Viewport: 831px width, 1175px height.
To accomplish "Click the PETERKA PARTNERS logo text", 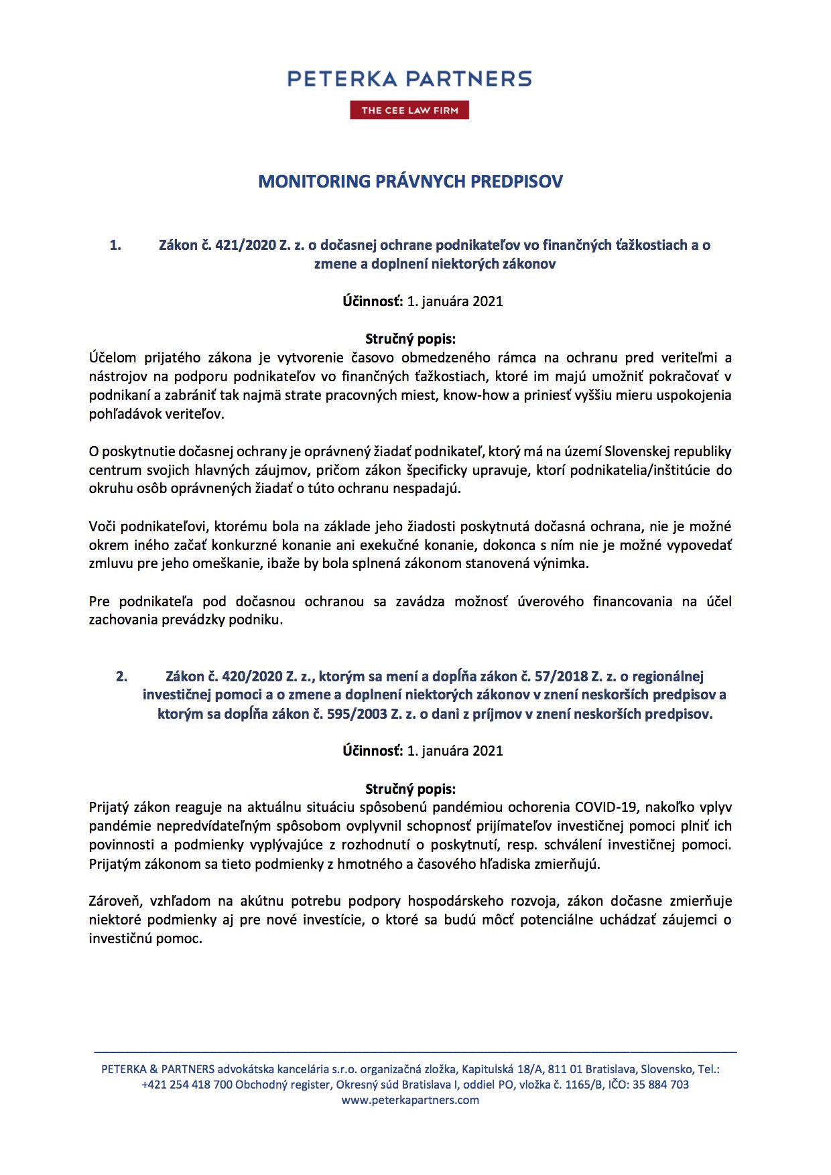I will click(409, 79).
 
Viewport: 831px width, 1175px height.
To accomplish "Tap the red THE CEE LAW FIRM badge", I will click(409, 111).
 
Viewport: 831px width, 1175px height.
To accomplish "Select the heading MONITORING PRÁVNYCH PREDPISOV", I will click(410, 182).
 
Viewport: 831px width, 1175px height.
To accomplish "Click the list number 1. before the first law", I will click(115, 245).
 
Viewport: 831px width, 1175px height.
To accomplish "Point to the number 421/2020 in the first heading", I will click(246, 245).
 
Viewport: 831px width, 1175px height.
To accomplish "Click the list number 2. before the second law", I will click(121, 677).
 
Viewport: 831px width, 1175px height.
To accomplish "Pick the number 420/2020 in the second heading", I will click(253, 677).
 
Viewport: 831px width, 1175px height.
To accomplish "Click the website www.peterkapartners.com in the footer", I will click(410, 1100).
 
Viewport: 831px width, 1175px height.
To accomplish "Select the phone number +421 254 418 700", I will click(187, 1085).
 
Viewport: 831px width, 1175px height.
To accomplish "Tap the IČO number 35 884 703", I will click(660, 1085).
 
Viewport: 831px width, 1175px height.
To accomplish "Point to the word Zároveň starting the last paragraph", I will click(114, 901).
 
